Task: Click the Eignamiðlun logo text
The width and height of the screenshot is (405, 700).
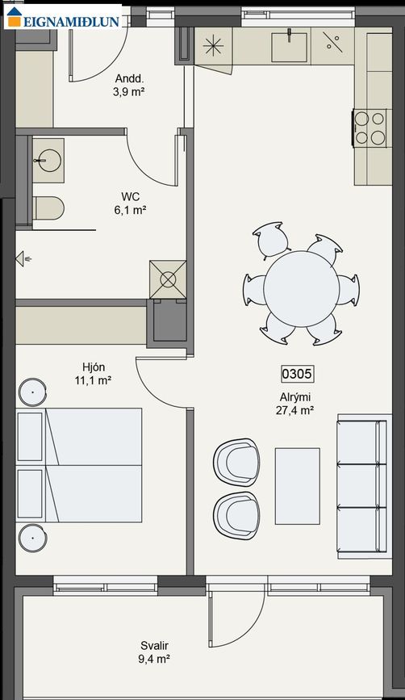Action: [71, 21]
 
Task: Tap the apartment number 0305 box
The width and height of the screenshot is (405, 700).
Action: [298, 374]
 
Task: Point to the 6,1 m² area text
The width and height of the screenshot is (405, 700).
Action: [130, 209]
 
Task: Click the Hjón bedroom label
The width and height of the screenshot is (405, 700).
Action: [94, 367]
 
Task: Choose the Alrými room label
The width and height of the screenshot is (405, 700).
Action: [295, 397]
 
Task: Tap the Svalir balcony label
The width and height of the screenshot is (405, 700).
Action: [154, 646]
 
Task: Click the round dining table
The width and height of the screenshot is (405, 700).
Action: [302, 288]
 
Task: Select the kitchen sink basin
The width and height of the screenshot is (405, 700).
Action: [290, 47]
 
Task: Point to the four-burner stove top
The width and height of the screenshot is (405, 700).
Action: [370, 128]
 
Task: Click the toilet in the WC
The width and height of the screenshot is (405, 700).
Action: [48, 207]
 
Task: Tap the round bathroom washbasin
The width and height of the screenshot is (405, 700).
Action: [49, 160]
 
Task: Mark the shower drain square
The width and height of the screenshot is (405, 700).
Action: [168, 279]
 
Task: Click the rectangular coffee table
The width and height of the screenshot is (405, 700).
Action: [298, 486]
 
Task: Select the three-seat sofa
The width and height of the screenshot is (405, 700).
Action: [362, 486]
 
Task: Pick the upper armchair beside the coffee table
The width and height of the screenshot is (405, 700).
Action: [236, 462]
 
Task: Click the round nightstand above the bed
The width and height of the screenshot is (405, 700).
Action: [32, 392]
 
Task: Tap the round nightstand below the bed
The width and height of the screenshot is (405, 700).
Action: [33, 537]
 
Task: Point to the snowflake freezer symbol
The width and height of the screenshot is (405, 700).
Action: [213, 46]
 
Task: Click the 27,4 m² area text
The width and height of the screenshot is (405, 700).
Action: [294, 410]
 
